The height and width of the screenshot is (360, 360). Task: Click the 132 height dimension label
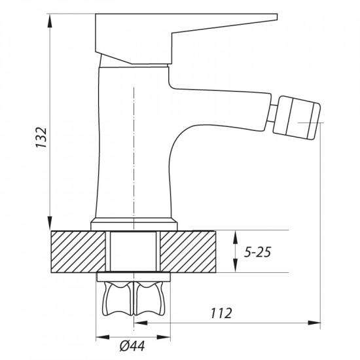(x=41, y=137)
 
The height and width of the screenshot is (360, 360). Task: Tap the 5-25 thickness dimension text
(x=257, y=252)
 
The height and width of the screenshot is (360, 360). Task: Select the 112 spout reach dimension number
(x=221, y=313)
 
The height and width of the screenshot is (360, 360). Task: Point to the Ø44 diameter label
(x=132, y=346)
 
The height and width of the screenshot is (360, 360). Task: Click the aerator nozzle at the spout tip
(x=297, y=118)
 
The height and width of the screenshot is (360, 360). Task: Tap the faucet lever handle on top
(x=186, y=39)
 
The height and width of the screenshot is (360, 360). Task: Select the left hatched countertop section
(x=78, y=251)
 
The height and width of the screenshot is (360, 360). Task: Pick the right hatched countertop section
(x=188, y=251)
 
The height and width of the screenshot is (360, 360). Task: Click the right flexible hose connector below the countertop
(x=150, y=299)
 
